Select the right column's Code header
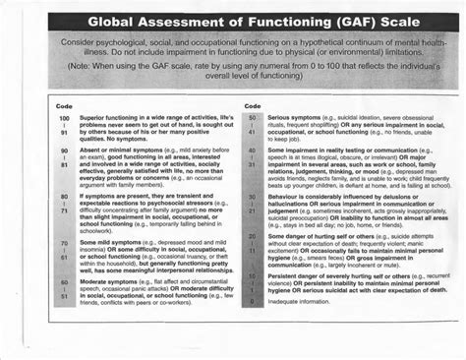tap(252, 105)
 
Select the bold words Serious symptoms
tap(297, 116)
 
